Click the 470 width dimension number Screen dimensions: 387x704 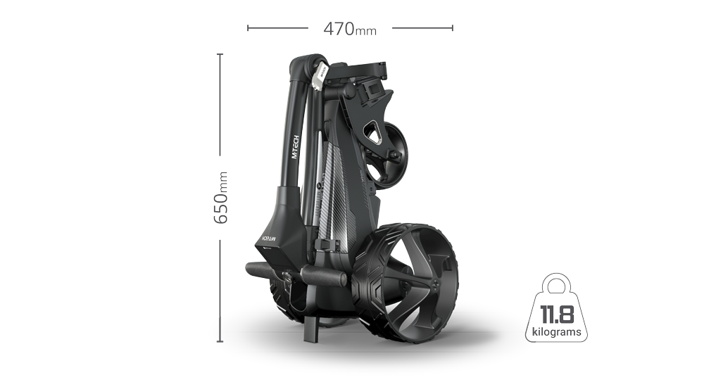(x=339, y=30)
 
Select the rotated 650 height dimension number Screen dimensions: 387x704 (x=221, y=208)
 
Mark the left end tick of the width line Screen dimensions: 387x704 (x=247, y=29)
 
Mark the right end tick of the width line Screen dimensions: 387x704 (x=453, y=29)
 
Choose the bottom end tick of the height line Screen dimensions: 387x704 (x=220, y=343)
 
